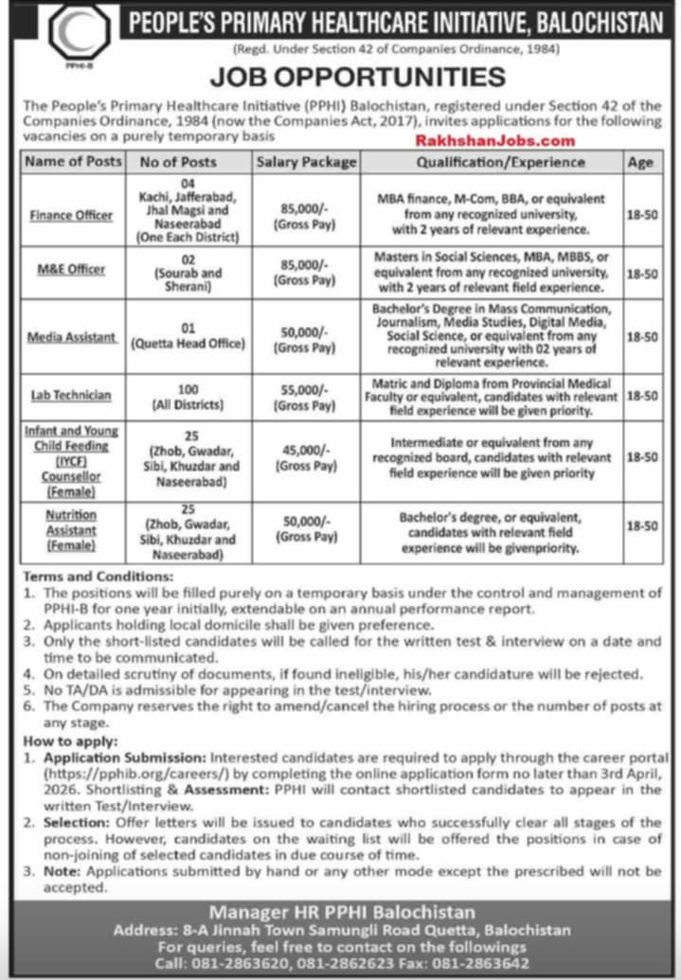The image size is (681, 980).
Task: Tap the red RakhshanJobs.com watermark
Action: [x=494, y=140]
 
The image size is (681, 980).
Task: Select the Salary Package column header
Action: [x=306, y=162]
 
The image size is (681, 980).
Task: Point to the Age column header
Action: [x=640, y=162]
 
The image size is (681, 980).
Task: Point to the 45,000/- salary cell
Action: [x=306, y=457]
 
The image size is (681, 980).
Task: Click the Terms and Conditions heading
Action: [x=95, y=576]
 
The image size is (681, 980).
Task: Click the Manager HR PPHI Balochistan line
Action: [x=341, y=912]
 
